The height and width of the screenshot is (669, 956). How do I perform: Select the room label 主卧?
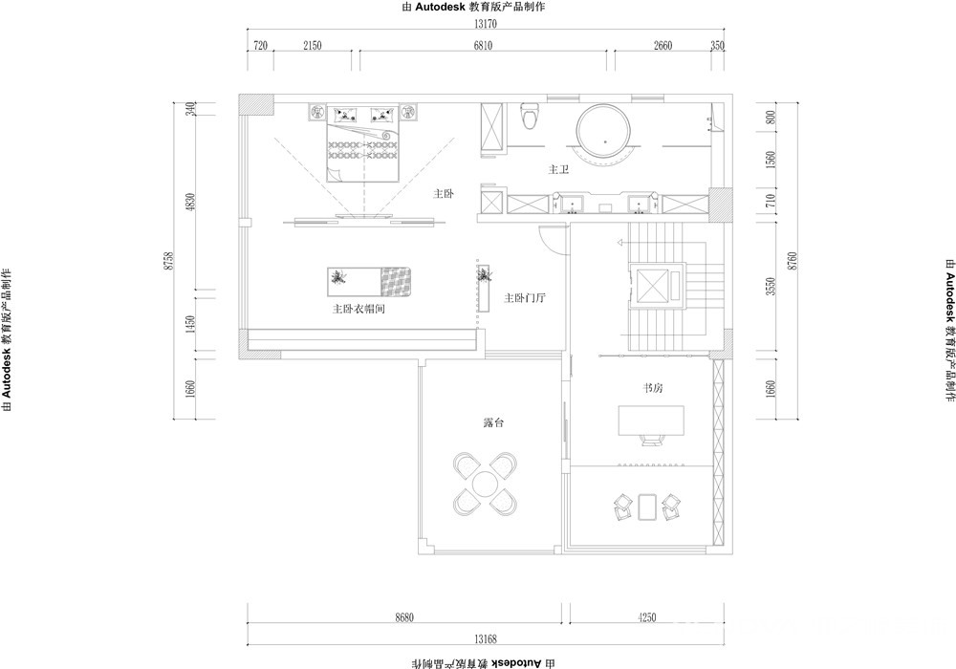click(444, 194)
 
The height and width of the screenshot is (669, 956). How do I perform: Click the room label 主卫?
click(558, 169)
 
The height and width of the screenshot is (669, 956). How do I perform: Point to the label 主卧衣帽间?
click(358, 309)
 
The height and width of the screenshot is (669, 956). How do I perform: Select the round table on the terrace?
click(486, 484)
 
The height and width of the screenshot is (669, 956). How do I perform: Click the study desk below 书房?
click(651, 421)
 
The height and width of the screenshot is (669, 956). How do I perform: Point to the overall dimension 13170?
click(486, 25)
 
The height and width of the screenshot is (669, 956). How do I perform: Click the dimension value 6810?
click(482, 45)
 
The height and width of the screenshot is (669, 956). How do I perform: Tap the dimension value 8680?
click(404, 617)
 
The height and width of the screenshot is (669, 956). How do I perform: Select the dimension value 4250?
click(647, 617)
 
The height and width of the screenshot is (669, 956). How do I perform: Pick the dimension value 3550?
click(771, 287)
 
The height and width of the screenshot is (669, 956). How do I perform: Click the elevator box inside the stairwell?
click(652, 285)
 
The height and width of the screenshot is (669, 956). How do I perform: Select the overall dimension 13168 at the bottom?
click(486, 639)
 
